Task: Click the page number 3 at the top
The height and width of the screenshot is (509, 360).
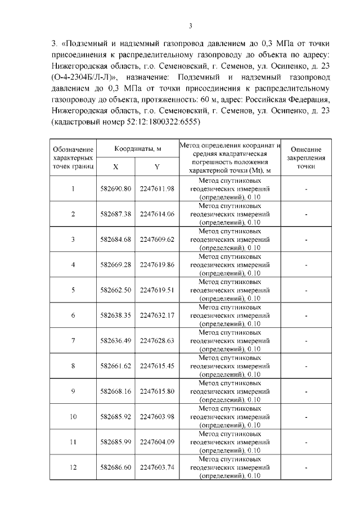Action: pos(191,26)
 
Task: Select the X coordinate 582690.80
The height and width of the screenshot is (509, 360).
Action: pos(115,188)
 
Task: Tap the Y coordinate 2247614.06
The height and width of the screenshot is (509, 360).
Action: pos(157,214)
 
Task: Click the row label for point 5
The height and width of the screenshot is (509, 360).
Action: pos(73,290)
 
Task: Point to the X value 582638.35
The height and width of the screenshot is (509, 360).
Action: pos(115,315)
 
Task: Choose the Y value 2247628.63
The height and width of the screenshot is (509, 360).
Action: pos(157,340)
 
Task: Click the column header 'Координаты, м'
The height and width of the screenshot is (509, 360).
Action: pos(138,148)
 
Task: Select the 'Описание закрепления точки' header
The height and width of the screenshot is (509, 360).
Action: pos(306,158)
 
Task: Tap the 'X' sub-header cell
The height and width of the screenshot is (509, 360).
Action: pos(115,167)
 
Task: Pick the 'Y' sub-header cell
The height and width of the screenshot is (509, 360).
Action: pos(157,167)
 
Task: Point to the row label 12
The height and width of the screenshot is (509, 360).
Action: pos(73,467)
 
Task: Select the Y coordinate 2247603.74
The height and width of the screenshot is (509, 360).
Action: pos(157,467)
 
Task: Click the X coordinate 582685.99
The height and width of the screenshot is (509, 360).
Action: pos(115,442)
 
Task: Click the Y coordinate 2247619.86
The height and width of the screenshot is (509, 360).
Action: pos(157,264)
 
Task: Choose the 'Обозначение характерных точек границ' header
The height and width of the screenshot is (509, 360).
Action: pos(73,158)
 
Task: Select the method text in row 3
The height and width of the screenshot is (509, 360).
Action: pos(231,239)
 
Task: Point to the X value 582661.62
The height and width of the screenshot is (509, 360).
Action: pos(115,366)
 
